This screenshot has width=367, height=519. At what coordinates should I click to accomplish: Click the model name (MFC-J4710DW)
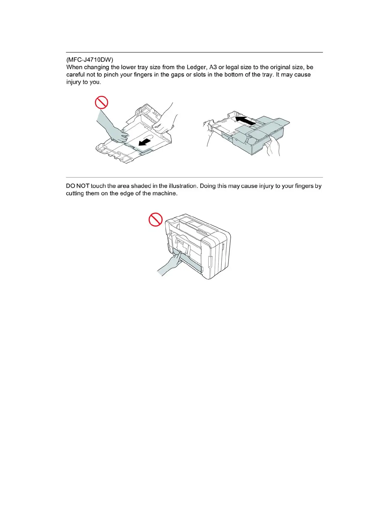pos(90,60)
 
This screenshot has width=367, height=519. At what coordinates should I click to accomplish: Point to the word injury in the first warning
pos(73,82)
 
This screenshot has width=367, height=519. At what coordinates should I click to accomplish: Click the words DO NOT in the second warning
pos(77,186)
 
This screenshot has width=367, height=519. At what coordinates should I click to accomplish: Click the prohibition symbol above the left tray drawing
pos(101,102)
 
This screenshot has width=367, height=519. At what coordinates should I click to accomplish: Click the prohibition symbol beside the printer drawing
pos(156,219)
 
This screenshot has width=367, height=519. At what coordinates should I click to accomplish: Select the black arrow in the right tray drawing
pos(245,120)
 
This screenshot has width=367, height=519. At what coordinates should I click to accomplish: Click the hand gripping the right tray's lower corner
pos(273,147)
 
